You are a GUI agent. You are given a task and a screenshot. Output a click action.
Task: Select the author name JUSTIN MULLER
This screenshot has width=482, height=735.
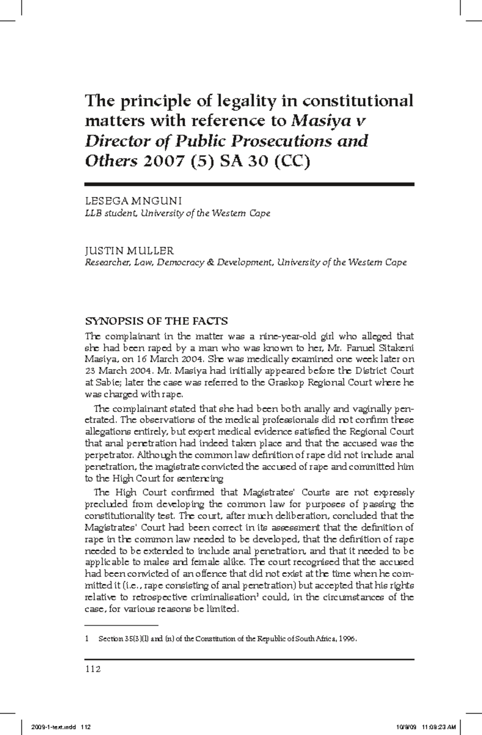click(129, 251)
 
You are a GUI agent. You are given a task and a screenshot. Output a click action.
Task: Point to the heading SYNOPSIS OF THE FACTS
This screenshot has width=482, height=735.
click(156, 321)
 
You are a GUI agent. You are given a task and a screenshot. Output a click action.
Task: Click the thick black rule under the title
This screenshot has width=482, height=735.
click(249, 184)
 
